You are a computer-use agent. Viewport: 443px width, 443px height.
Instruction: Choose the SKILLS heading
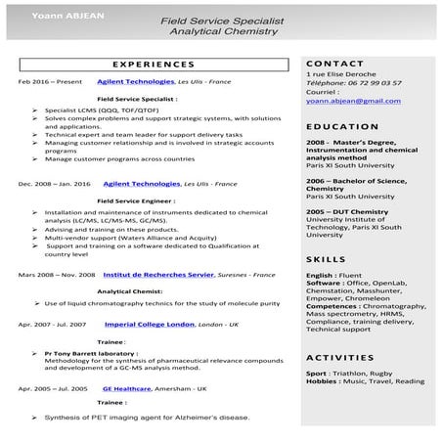tap(326, 259)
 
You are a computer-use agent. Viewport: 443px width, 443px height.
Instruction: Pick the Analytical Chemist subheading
tap(129, 290)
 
